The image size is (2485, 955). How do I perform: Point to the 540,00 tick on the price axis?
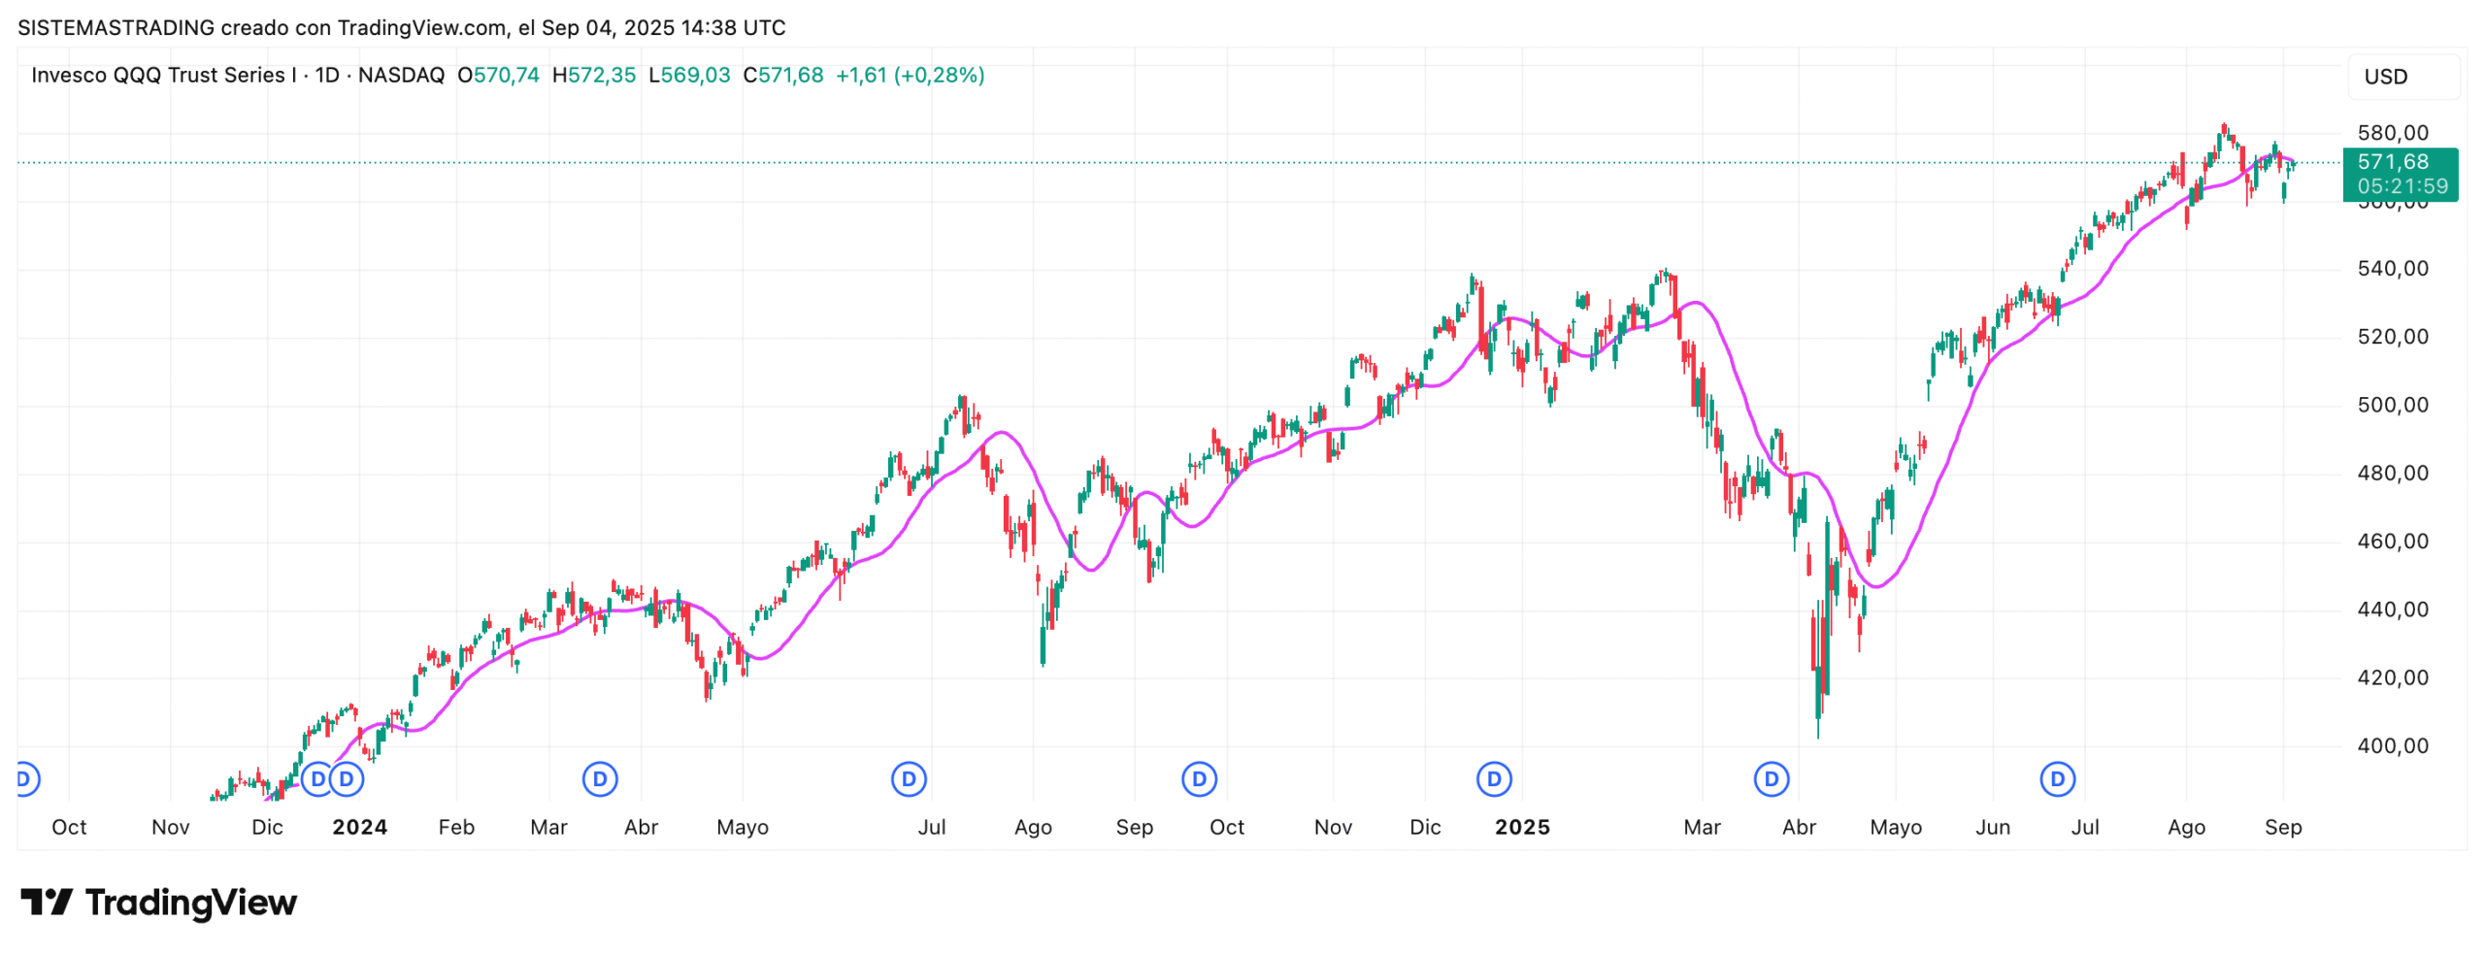(x=2392, y=269)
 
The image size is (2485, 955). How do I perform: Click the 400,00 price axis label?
(x=2392, y=746)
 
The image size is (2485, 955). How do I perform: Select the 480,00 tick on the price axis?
(x=2392, y=474)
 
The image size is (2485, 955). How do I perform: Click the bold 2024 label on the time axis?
(x=359, y=828)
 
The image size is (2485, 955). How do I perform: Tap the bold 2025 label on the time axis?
(x=1521, y=828)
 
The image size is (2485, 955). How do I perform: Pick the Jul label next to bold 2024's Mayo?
(x=931, y=828)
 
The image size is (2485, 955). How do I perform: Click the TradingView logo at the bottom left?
(x=159, y=903)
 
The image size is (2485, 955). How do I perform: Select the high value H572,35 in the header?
(x=593, y=76)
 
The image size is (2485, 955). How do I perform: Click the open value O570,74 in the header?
(x=498, y=76)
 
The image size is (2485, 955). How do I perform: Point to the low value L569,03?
(x=688, y=76)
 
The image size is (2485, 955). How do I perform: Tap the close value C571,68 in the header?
(x=782, y=76)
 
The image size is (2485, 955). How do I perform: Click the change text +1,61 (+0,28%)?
(x=910, y=76)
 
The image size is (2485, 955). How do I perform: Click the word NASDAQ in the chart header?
(x=401, y=76)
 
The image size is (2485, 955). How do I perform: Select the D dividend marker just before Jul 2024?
(x=909, y=779)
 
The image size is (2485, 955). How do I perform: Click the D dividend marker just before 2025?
(x=1493, y=779)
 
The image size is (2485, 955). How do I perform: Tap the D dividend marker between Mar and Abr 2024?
(x=600, y=779)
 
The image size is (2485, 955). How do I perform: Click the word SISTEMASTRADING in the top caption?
(x=116, y=28)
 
